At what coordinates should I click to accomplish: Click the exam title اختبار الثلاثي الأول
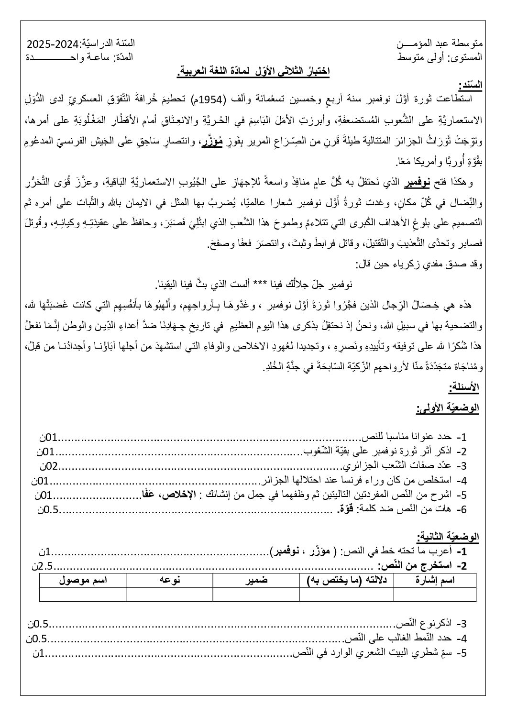click(253, 72)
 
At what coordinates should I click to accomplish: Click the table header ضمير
click(256, 580)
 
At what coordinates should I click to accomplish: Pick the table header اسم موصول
click(83, 580)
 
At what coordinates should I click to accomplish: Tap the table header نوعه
click(169, 580)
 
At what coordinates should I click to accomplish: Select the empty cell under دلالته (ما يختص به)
click(346, 594)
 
